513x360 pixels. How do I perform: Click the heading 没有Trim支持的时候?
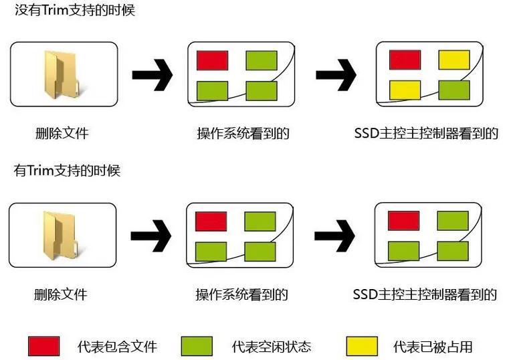point(74,11)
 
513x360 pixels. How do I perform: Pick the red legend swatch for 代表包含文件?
point(44,346)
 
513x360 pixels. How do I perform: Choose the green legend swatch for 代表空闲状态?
point(197,346)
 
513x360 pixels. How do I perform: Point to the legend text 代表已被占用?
point(433,347)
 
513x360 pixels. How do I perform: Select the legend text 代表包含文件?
point(117,347)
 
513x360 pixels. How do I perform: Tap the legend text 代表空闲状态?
point(272,347)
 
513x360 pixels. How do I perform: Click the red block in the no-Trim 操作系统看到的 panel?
point(212,60)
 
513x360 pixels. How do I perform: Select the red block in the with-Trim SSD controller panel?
point(403,219)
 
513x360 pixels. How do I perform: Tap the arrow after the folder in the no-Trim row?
point(152,74)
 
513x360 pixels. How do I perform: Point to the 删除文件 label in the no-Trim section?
point(62,133)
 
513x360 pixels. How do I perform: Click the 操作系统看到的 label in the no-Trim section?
point(243,133)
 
